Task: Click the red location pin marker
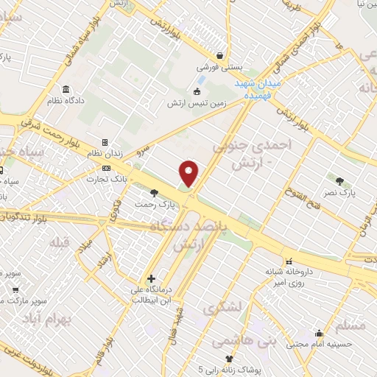coord(190,174)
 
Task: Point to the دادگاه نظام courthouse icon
coord(66,89)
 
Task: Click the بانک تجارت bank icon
coord(107,168)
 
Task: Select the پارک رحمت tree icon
coord(153,191)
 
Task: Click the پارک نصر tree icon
coord(339,180)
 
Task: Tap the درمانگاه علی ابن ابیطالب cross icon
coord(151,279)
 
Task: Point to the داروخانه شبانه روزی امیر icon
coord(289,261)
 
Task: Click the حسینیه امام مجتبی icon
coord(318,333)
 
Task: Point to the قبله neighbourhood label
coord(59,242)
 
